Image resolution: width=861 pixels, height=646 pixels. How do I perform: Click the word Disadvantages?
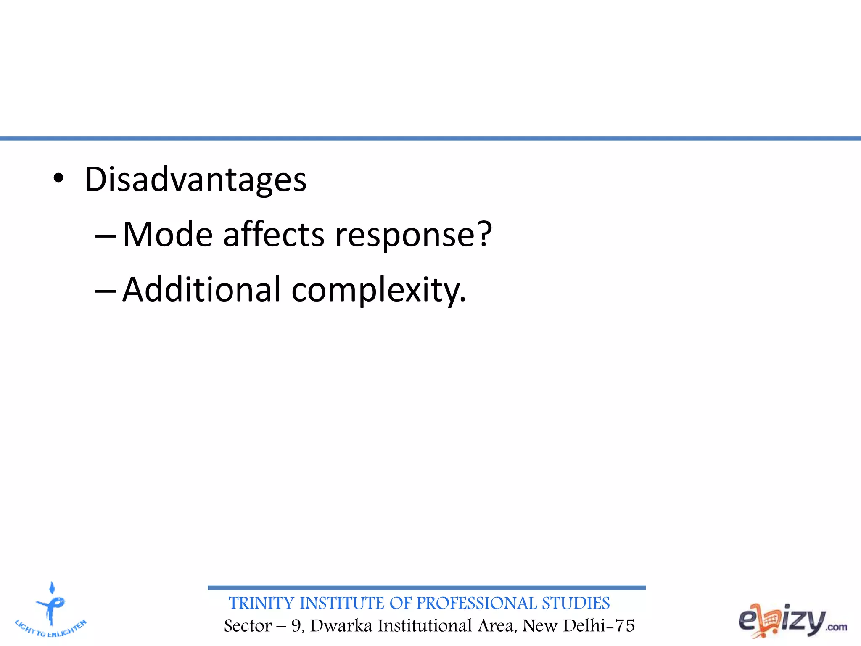pyautogui.click(x=195, y=180)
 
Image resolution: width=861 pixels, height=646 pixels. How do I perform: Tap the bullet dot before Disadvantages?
pyautogui.click(x=58, y=179)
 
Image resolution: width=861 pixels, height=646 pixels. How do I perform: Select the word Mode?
pyautogui.click(x=167, y=235)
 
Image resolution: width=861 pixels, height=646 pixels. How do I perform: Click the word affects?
pyautogui.click(x=274, y=235)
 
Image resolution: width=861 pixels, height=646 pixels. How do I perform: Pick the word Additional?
pyautogui.click(x=201, y=290)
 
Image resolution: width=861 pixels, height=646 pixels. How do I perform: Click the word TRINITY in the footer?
pyautogui.click(x=261, y=604)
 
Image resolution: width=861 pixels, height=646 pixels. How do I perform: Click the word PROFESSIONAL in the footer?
pyautogui.click(x=477, y=604)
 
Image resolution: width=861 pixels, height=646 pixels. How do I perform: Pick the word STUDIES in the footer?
pyautogui.click(x=576, y=604)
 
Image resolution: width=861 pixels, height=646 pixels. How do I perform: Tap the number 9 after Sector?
pyautogui.click(x=296, y=626)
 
